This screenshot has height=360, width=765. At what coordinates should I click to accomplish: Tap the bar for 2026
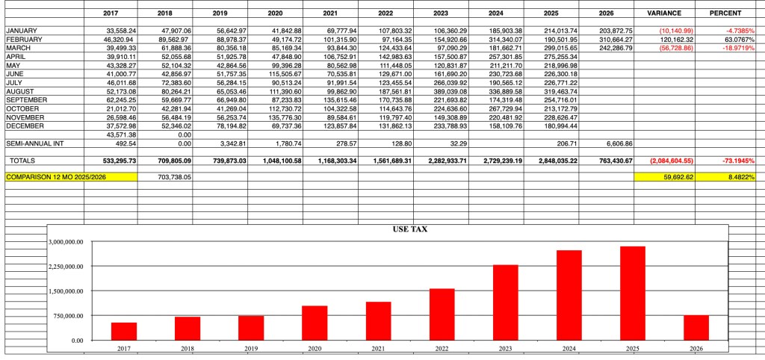coord(696,327)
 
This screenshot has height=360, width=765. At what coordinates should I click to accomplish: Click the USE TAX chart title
coord(409,229)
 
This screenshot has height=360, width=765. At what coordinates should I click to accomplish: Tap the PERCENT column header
coord(725,13)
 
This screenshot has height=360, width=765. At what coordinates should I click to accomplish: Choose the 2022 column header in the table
coord(385,13)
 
